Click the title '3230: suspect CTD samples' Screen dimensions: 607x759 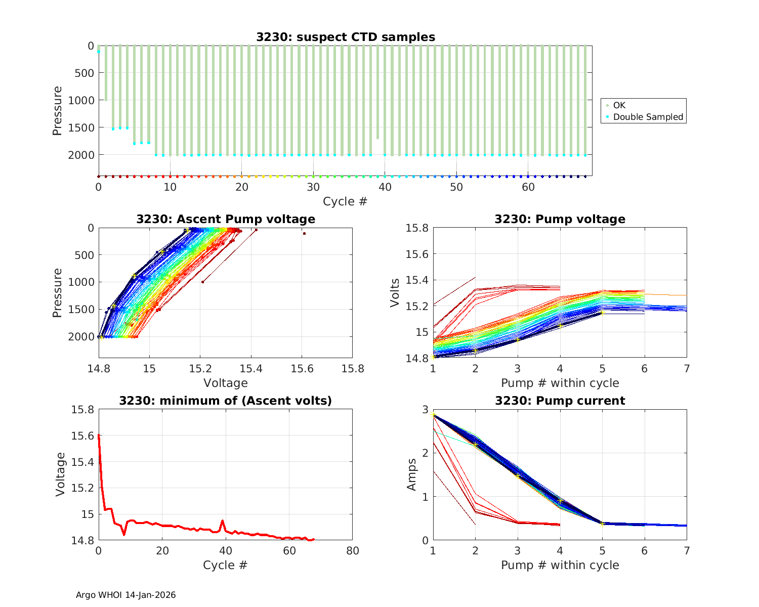coord(345,37)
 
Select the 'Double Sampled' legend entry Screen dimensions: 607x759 coord(648,117)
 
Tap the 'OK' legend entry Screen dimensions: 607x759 coord(619,105)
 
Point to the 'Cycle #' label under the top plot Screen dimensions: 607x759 coord(345,201)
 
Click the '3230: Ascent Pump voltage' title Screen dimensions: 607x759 coord(226,219)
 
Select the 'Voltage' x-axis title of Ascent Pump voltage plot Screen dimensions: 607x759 coord(226,383)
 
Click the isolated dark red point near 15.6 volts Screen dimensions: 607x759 coord(304,233)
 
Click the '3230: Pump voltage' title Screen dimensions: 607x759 coord(560,219)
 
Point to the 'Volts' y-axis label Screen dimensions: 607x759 coord(395,293)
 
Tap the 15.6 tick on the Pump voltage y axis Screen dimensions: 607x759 coord(417,254)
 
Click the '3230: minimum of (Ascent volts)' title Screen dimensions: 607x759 coord(226,401)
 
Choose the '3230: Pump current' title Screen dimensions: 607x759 coord(560,401)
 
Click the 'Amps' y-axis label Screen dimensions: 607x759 coord(412,474)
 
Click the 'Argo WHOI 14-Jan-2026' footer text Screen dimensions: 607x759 coord(126,595)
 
